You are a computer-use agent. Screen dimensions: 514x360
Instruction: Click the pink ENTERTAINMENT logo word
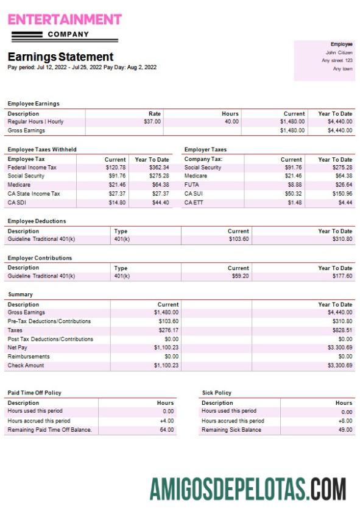point(65,20)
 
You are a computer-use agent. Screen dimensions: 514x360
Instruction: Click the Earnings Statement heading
point(60,57)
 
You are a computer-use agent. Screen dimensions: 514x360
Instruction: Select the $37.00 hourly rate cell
point(152,121)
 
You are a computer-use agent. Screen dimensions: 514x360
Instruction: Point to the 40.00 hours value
point(231,121)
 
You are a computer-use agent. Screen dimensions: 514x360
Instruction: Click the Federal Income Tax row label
point(32,167)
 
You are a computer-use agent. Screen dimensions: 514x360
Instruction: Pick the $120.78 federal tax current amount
point(116,167)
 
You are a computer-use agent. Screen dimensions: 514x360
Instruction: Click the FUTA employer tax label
point(191,185)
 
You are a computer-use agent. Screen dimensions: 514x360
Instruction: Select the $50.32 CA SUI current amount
point(294,194)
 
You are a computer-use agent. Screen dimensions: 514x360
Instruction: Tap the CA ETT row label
point(193,202)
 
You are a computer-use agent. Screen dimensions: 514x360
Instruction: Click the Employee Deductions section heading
point(37,221)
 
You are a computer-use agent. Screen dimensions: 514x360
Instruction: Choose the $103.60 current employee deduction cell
point(238,239)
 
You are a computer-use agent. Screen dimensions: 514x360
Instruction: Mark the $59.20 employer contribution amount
point(239,276)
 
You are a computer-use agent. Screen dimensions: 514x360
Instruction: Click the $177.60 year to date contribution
point(341,276)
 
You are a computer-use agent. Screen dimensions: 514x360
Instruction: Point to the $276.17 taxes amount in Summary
point(166,330)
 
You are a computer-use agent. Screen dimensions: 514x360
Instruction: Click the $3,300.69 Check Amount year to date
point(340,365)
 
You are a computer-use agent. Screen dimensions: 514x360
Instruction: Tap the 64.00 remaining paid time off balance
point(166,430)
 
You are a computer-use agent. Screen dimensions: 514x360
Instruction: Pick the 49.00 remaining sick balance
point(345,430)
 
